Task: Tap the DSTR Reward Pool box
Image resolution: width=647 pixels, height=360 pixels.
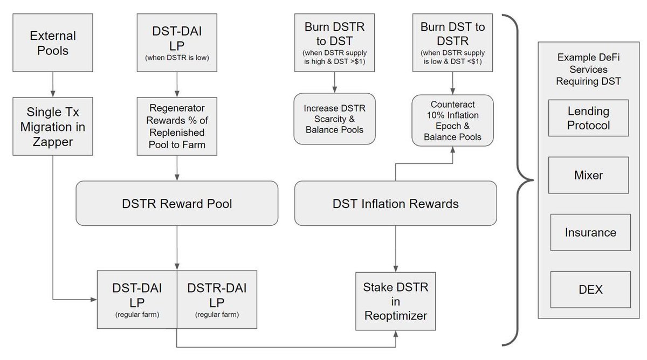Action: click(x=177, y=203)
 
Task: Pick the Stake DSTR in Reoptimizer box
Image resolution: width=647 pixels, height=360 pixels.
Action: click(x=396, y=300)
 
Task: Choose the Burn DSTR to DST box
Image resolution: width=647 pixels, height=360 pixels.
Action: click(x=335, y=43)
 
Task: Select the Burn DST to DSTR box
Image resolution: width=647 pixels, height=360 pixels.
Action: click(x=451, y=43)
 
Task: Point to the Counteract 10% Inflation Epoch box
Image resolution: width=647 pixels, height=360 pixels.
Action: click(x=452, y=119)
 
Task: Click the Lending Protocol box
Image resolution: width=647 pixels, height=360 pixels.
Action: click(x=588, y=118)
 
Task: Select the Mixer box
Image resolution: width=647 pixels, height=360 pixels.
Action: click(x=588, y=175)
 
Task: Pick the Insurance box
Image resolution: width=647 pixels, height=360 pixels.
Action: click(x=590, y=232)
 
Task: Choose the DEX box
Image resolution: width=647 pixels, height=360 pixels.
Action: click(x=590, y=290)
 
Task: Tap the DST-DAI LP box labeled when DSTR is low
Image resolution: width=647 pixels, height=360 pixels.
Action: click(x=177, y=43)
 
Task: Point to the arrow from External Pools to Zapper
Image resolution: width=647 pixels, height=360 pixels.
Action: click(x=53, y=85)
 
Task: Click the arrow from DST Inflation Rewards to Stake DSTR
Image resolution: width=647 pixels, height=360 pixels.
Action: click(x=396, y=248)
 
